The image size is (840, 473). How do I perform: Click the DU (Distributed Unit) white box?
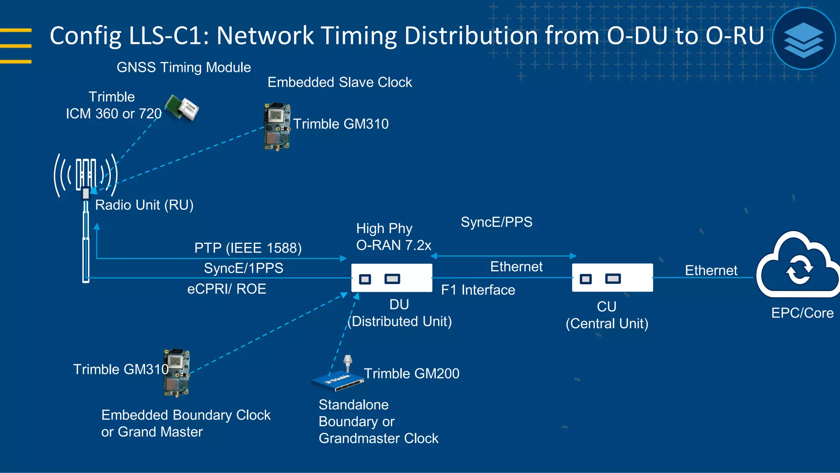click(392, 278)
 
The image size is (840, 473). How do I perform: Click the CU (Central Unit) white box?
click(612, 278)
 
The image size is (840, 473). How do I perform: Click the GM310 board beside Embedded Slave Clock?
click(277, 126)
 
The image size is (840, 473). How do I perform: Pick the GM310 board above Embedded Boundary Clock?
click(177, 372)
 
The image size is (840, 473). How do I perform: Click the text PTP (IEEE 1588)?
click(248, 248)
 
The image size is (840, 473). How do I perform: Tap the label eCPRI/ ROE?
click(226, 289)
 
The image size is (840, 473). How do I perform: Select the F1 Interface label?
click(478, 290)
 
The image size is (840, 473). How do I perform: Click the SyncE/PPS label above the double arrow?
click(496, 222)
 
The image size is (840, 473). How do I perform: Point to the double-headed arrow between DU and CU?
click(504, 256)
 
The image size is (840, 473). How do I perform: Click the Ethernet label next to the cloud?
click(711, 270)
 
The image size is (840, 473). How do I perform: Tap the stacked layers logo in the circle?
click(803, 39)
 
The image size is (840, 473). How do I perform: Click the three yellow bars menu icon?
click(16, 46)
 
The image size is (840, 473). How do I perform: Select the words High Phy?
click(384, 228)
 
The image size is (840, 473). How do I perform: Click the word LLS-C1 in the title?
click(169, 36)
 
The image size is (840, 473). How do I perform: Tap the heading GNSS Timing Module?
click(183, 67)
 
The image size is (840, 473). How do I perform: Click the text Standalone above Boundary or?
click(353, 405)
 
